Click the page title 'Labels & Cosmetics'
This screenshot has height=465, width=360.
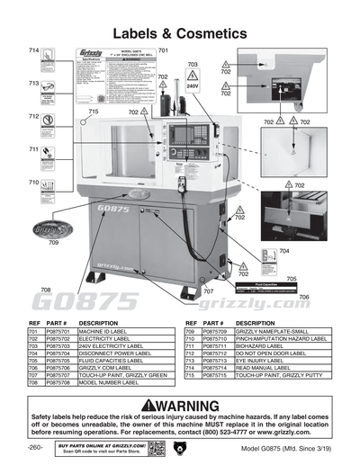180,33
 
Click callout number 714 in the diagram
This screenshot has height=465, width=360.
33,49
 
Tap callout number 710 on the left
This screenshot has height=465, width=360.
33,183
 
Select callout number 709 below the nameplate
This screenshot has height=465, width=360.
53,243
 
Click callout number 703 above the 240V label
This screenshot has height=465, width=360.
193,65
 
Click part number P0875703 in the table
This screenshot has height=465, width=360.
57,344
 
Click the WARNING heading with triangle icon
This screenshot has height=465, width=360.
180,406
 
